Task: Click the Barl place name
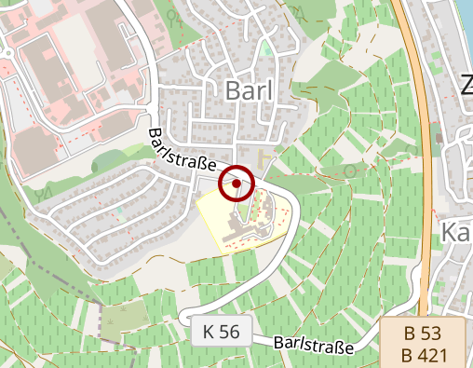coord(252,89)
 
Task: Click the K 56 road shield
coord(222,331)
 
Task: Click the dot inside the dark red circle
coord(237,184)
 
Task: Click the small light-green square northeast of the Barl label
coord(268,47)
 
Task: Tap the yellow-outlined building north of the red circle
coord(266,161)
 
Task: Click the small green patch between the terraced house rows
coord(119,214)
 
